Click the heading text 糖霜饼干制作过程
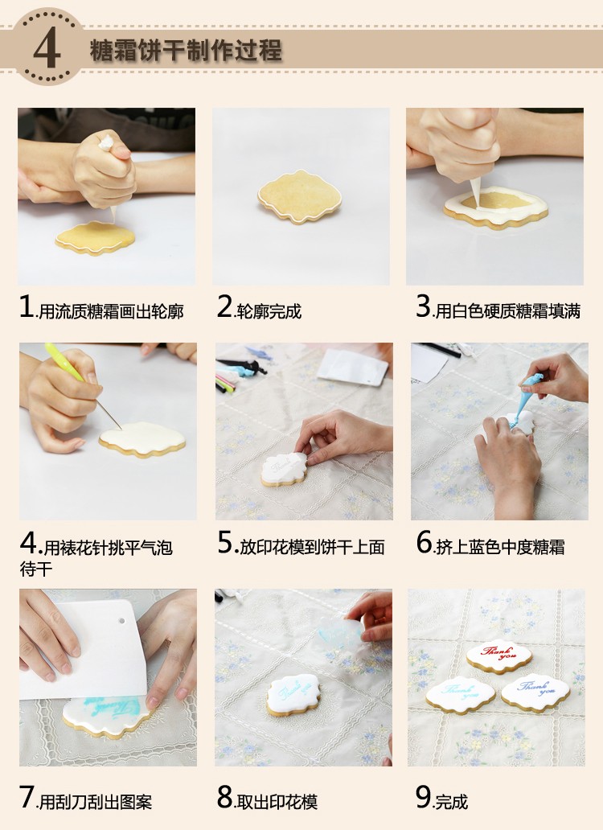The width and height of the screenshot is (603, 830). click(x=186, y=51)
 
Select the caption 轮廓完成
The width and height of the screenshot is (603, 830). click(x=269, y=311)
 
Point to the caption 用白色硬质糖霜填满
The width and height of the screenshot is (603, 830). click(x=508, y=310)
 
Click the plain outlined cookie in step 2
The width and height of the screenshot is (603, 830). click(x=299, y=196)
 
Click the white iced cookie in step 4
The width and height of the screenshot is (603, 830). click(x=142, y=439)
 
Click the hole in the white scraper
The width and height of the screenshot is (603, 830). click(x=122, y=620)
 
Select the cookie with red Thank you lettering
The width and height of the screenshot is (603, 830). click(x=498, y=657)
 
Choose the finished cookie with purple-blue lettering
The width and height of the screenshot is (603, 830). click(x=535, y=692)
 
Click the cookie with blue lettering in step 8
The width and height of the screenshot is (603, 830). click(x=293, y=696)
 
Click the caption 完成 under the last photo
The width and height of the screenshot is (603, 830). click(x=451, y=802)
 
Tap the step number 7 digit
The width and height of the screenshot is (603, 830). click(x=27, y=798)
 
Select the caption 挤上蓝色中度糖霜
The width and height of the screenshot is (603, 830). click(x=500, y=547)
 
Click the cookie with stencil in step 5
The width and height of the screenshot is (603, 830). click(x=284, y=470)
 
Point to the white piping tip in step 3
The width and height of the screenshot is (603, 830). click(x=475, y=191)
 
